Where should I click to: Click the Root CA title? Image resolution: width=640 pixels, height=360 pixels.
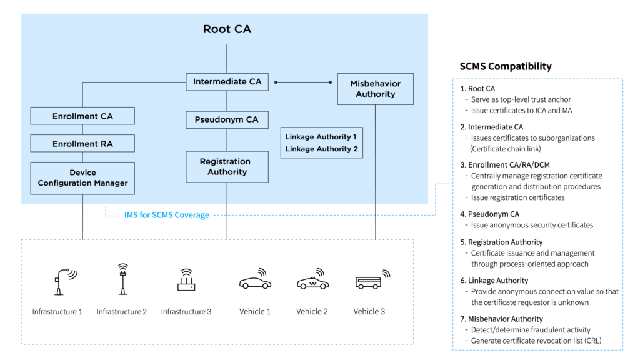pyautogui.click(x=227, y=29)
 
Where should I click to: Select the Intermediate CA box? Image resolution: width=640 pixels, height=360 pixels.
pyautogui.click(x=227, y=82)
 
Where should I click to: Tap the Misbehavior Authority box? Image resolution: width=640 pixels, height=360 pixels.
pyautogui.click(x=375, y=89)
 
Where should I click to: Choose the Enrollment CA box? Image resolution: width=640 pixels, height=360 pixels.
pyautogui.click(x=82, y=116)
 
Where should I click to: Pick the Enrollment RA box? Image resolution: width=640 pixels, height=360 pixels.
pyautogui.click(x=82, y=144)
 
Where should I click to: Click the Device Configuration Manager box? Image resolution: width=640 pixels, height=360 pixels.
pyautogui.click(x=82, y=178)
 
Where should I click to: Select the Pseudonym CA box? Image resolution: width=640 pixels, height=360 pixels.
pyautogui.click(x=227, y=120)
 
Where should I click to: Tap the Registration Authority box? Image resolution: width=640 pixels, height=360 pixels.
pyautogui.click(x=227, y=167)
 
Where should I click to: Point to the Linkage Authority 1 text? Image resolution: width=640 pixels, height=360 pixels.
pyautogui.click(x=321, y=136)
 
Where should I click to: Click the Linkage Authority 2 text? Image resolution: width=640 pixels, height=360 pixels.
pyautogui.click(x=321, y=149)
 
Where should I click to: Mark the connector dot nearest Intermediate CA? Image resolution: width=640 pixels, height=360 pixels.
pyautogui.click(x=276, y=82)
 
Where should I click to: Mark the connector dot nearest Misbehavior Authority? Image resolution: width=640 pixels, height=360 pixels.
pyautogui.click(x=331, y=82)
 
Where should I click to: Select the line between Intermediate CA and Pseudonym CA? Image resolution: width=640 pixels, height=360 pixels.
pyautogui.click(x=227, y=101)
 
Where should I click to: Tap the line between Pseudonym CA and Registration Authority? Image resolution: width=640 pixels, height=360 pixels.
pyautogui.click(x=227, y=140)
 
